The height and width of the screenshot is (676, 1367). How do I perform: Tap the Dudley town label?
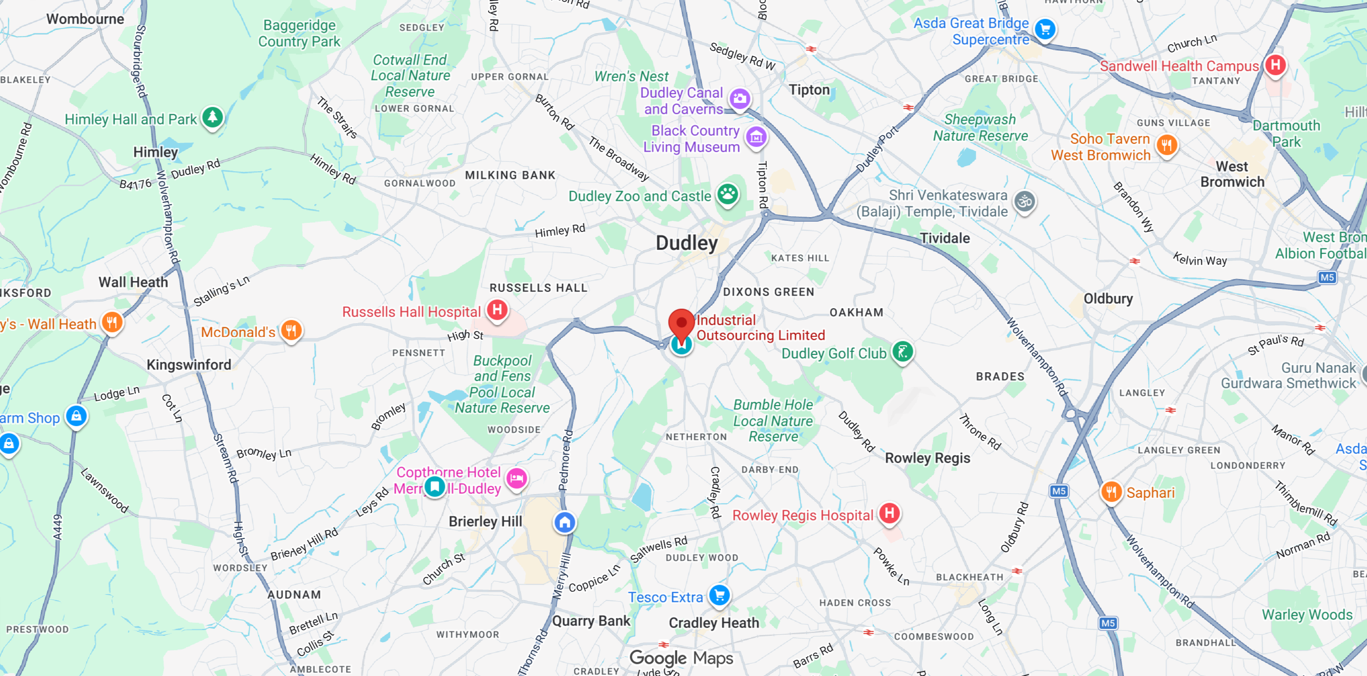686,243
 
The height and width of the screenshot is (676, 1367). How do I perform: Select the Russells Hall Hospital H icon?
497,309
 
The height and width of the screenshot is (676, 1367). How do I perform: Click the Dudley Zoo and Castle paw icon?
728,195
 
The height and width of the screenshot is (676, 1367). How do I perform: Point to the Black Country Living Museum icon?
756,137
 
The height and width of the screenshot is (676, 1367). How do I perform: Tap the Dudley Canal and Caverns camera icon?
740,99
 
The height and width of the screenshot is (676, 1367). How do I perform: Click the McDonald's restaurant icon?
291,331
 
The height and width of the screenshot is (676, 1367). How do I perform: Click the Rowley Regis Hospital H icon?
889,513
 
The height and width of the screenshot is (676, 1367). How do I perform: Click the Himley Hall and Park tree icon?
213,117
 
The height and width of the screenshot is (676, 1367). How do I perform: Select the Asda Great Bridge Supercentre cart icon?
1045,30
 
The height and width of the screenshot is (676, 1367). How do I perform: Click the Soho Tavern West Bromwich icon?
1166,145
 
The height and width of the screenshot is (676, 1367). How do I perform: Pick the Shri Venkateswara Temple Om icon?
1025,202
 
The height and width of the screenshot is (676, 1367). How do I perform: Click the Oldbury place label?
1108,299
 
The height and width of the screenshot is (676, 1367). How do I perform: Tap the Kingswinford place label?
189,365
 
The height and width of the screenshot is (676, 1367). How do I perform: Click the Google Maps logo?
681,658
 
